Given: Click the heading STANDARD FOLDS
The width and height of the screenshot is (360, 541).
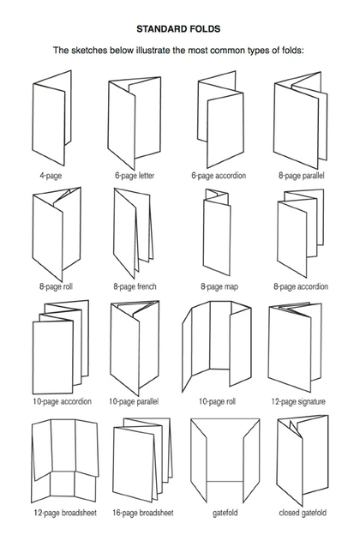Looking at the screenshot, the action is tap(178, 29).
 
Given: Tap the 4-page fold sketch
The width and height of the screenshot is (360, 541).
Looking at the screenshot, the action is tap(51, 118).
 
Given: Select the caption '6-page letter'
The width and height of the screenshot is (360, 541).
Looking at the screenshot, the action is tap(135, 176).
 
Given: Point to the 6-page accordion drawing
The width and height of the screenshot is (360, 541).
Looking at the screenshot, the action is tap(220, 120).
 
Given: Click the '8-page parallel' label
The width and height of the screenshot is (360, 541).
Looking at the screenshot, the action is tap(302, 176).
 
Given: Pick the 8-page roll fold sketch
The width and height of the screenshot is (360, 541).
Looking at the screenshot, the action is tap(57, 234).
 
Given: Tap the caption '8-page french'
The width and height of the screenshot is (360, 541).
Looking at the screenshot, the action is tap(135, 286).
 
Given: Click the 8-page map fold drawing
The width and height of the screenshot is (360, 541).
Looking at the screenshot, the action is tap(217, 231).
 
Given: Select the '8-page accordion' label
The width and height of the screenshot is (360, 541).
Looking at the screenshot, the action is tap(301, 286).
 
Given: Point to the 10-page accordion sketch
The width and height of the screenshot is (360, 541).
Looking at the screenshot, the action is tap(60, 347).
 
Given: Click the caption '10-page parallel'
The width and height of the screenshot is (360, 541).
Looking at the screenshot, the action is tap(134, 401).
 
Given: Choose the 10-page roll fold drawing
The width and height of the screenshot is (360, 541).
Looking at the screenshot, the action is tap(217, 347).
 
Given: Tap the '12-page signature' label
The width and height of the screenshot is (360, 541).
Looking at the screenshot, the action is tap(298, 401).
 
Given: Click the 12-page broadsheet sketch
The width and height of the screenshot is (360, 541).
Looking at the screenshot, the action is tap(65, 461).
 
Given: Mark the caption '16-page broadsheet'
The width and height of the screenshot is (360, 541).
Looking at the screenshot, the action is tap(143, 513).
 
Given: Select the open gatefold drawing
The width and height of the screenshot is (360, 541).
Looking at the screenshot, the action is tap(225, 460).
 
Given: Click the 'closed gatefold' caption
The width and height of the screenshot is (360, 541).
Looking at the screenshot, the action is tap(303, 513).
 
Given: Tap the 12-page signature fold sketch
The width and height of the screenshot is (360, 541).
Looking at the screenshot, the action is tap(295, 347).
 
